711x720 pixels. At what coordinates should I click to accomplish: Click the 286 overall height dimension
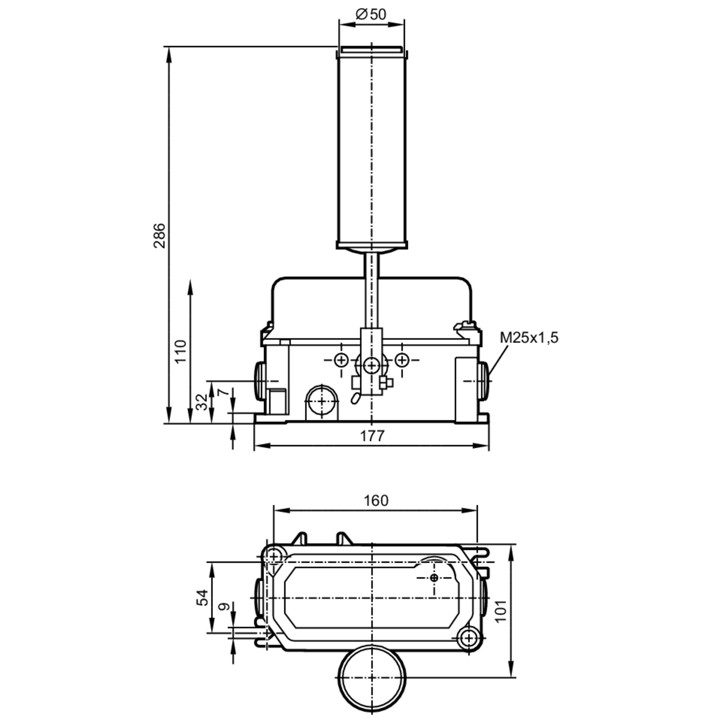160,235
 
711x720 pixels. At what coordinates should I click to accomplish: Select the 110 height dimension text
181,351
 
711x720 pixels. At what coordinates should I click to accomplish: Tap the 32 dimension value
202,402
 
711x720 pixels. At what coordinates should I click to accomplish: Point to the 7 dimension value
223,392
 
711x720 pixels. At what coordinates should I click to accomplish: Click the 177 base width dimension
371,436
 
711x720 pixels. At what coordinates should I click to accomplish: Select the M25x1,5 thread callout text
528,338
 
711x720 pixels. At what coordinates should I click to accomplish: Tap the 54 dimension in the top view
202,597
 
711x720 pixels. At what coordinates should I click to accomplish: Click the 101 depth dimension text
501,610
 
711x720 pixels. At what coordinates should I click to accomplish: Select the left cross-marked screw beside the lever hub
341,360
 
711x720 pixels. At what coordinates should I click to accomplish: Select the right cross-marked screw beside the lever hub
401,360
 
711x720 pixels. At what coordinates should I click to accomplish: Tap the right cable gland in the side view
484,380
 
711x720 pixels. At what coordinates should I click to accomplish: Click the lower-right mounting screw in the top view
469,638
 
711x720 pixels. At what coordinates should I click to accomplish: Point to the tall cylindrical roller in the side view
371,149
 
